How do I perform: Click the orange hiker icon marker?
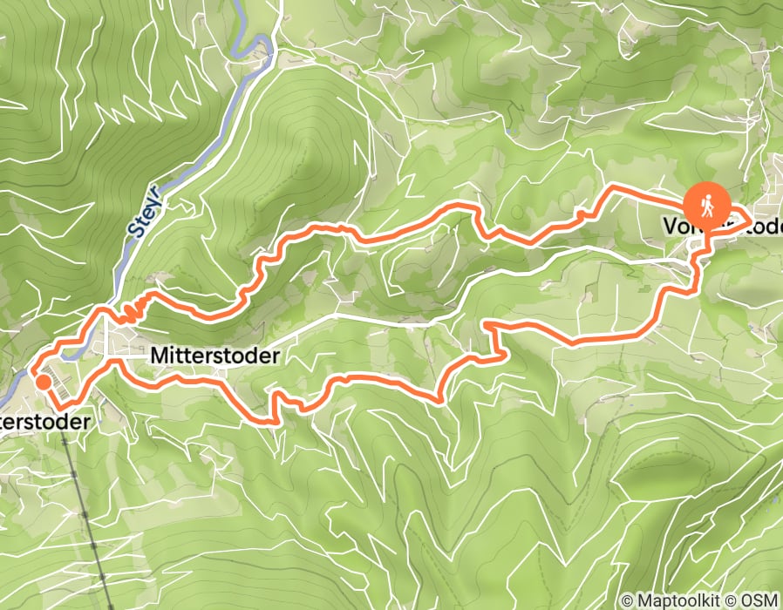[707, 207]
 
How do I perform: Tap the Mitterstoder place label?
[214, 356]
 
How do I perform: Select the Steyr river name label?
[145, 212]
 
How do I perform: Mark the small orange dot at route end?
[42, 382]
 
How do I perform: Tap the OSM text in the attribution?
[762, 600]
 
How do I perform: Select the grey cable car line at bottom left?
[87, 514]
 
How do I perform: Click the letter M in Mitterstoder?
[158, 356]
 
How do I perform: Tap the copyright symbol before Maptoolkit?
[627, 600]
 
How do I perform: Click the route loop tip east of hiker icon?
[752, 220]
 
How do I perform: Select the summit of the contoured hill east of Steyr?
[310, 144]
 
